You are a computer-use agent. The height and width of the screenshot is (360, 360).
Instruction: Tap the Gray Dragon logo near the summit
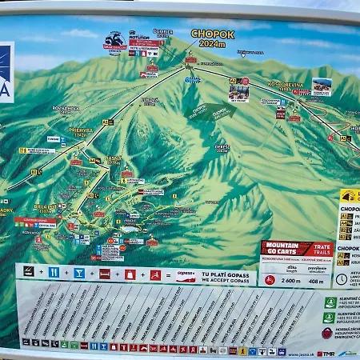(x=114, y=40)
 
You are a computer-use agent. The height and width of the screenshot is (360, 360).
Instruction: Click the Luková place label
(x=150, y=101)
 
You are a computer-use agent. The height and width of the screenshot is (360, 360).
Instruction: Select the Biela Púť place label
(x=46, y=209)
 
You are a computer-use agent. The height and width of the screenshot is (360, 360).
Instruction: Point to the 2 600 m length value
(x=292, y=281)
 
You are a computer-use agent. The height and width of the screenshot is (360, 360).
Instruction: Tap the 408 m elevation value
(x=316, y=281)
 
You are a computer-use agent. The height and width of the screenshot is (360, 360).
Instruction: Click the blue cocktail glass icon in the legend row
(x=78, y=274)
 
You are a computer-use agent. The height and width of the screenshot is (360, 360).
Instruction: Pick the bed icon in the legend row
(x=104, y=274)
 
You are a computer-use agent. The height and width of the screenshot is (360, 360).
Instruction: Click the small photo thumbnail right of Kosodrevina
(x=322, y=86)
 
